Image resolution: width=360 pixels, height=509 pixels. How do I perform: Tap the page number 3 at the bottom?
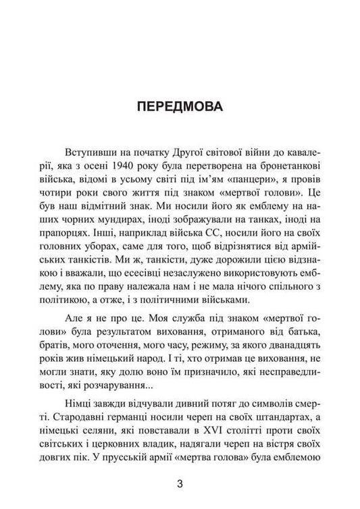point(180,483)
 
